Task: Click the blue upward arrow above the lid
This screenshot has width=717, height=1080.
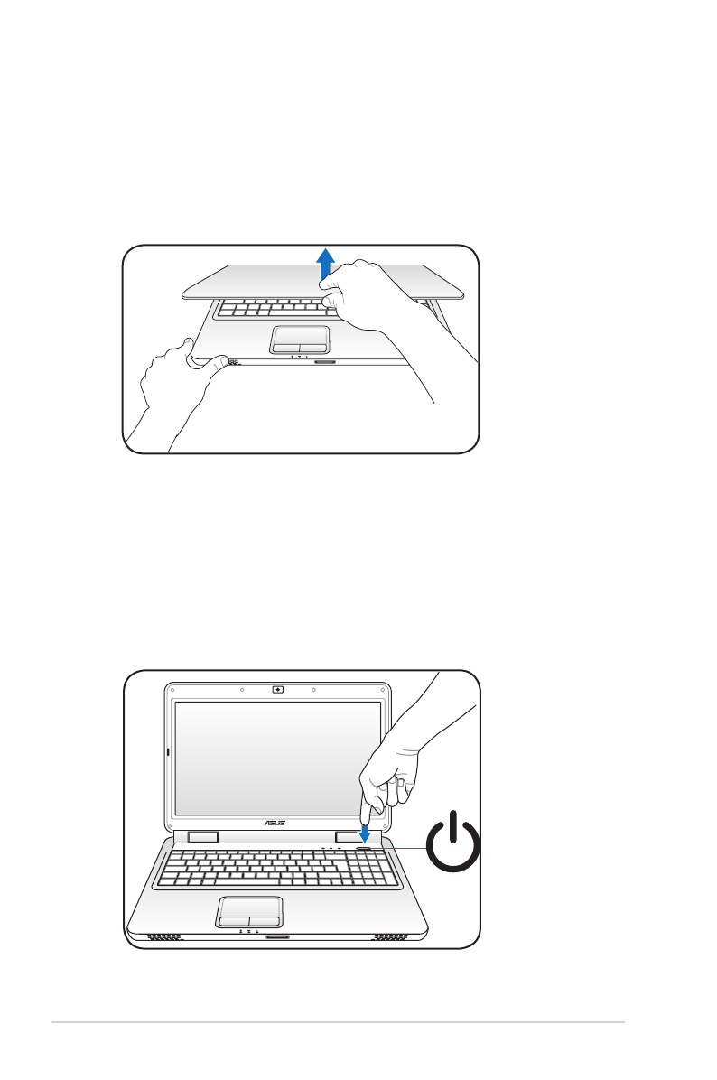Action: [327, 268]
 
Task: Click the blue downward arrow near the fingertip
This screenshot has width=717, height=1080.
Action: [365, 830]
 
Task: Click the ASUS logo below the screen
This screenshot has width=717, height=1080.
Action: [276, 824]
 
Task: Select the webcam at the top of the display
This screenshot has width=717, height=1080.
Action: [277, 689]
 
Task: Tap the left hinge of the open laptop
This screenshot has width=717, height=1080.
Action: [203, 837]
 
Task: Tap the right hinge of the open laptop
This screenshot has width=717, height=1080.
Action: [349, 837]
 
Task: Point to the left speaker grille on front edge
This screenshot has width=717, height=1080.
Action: [163, 936]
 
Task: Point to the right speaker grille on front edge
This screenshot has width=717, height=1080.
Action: [391, 936]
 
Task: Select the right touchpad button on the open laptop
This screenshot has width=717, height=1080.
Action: [265, 921]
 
